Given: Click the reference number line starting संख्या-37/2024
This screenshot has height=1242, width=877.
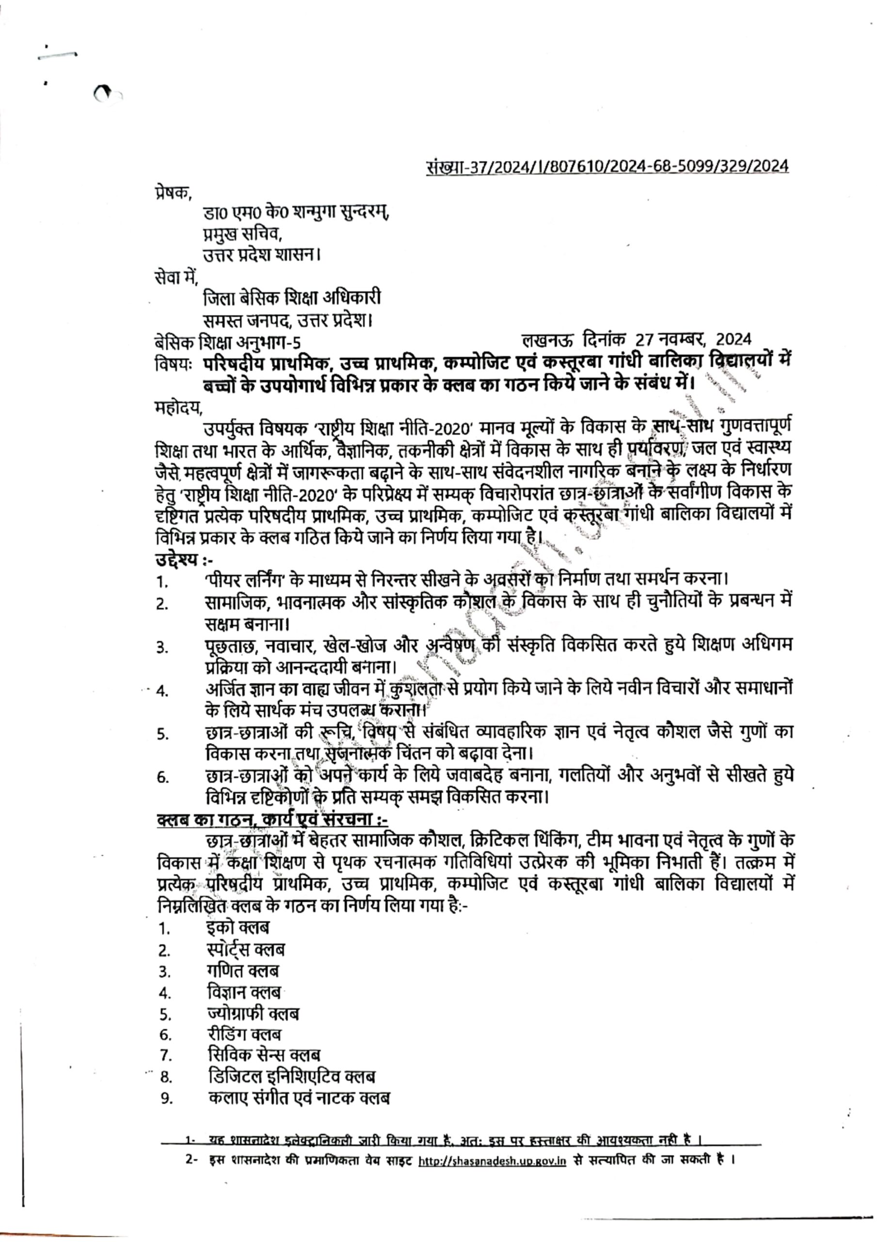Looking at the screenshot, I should click(606, 165).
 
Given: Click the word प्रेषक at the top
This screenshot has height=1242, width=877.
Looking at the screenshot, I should click(170, 192).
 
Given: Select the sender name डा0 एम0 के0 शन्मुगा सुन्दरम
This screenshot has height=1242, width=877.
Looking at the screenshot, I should click(296, 212).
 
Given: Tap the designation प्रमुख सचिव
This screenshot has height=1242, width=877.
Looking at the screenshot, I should click(242, 234).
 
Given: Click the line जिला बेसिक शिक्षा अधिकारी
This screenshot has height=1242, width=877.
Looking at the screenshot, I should click(292, 298).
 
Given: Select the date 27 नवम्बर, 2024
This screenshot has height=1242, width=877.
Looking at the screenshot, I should click(693, 340).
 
